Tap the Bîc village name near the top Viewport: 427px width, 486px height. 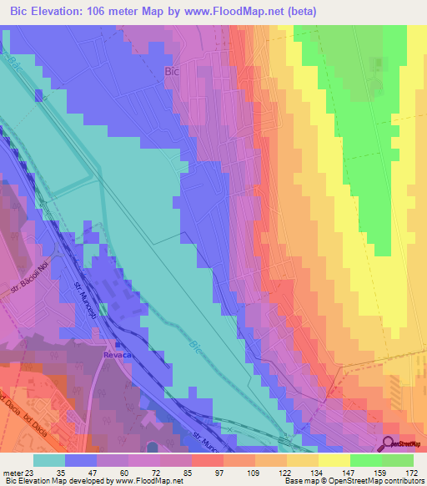tap(173, 72)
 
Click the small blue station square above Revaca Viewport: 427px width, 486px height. tap(118, 343)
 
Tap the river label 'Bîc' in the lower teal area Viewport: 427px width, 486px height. tap(194, 346)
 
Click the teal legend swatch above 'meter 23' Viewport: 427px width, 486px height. tap(50, 459)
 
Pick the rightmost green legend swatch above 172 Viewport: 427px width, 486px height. tap(398, 459)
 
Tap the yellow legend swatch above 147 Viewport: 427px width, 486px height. tap(334, 459)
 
